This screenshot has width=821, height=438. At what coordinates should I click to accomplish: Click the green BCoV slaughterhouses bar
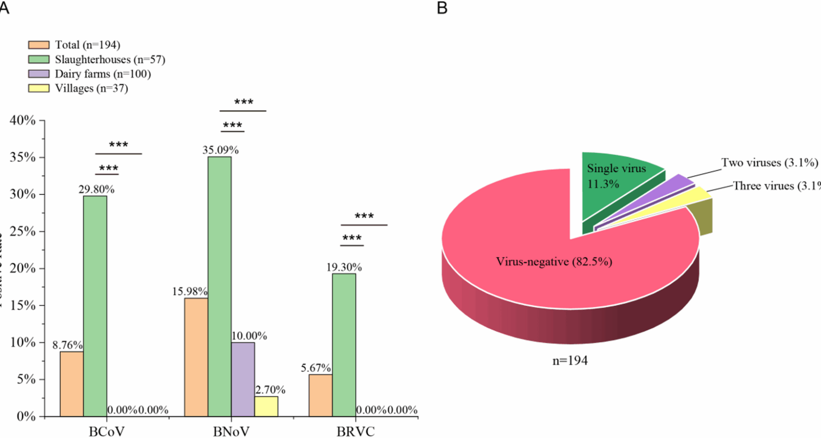click(x=95, y=306)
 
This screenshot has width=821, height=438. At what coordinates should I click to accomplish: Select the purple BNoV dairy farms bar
click(x=243, y=379)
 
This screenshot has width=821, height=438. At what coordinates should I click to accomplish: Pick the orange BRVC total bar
click(x=320, y=395)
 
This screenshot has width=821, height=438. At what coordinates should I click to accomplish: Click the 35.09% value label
click(x=220, y=150)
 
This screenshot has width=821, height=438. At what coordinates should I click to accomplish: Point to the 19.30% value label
click(x=344, y=267)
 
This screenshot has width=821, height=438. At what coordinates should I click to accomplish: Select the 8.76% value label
click(x=67, y=345)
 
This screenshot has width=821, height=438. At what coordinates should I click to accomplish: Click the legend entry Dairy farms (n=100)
click(x=103, y=74)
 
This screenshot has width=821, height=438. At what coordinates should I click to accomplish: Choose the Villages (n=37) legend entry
click(x=91, y=89)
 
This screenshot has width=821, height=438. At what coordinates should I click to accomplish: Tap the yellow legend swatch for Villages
click(x=38, y=89)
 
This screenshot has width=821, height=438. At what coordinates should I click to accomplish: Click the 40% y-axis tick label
click(x=23, y=120)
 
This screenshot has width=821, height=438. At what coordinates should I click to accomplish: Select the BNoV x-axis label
click(x=231, y=431)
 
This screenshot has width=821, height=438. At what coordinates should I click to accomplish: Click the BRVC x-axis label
click(x=355, y=431)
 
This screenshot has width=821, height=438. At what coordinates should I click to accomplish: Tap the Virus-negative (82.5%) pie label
click(x=554, y=261)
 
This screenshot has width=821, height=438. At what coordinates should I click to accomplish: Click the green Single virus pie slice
click(x=616, y=184)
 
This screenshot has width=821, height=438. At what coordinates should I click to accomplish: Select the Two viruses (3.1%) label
click(x=769, y=163)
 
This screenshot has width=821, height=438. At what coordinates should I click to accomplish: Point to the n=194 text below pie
click(x=570, y=361)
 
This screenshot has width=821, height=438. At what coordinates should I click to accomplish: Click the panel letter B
click(x=442, y=8)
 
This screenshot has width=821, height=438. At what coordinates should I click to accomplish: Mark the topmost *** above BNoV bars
click(x=243, y=102)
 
